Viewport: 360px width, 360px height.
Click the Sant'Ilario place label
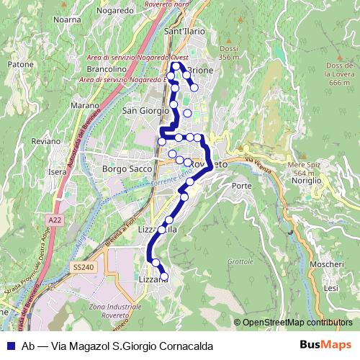click(185, 32)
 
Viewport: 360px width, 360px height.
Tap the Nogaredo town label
click(111, 11)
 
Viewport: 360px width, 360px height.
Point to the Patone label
click(16, 64)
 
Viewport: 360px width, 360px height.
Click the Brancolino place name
click(108, 69)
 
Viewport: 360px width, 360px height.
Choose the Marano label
click(85, 105)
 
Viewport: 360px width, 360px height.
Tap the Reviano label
click(47, 142)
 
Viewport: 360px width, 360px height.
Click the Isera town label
click(57, 173)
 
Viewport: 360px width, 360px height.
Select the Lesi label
click(331, 288)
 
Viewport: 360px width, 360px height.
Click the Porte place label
click(242, 186)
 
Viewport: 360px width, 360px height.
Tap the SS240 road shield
click(83, 267)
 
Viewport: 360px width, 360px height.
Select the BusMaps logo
click(325, 345)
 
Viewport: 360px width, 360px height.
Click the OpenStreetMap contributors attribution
click(297, 323)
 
